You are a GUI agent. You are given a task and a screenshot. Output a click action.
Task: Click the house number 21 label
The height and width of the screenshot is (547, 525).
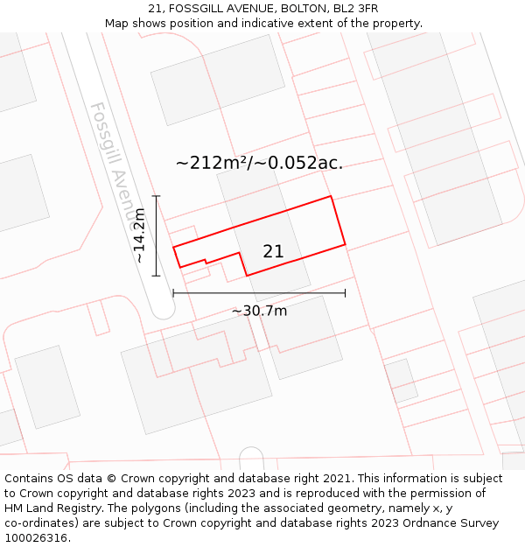point(273,252)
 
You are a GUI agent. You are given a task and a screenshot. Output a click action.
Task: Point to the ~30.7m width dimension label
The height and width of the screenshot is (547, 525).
point(259,310)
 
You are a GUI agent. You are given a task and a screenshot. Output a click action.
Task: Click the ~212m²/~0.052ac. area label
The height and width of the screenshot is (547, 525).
point(259,163)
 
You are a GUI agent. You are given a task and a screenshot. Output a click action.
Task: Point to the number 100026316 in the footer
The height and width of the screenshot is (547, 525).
point(38,538)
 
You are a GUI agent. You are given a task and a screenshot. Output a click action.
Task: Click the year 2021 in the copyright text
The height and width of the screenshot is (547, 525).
point(332,479)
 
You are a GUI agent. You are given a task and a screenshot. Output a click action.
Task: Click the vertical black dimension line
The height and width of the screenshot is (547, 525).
point(156,235)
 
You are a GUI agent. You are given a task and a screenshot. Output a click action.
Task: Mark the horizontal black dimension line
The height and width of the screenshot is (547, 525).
point(259,292)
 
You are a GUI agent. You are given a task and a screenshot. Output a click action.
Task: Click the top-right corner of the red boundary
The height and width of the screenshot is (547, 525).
point(331,196)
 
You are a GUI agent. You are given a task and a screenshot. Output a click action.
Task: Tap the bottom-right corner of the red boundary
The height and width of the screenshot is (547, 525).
point(345,244)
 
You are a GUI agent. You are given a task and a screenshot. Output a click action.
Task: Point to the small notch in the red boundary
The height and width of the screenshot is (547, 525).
point(206,260)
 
